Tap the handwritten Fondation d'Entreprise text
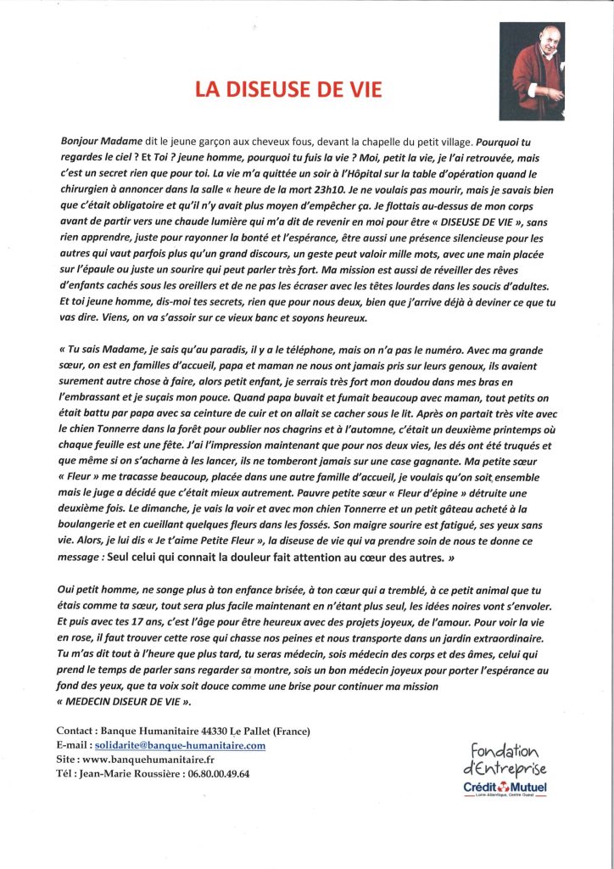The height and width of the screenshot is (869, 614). click(x=505, y=758)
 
